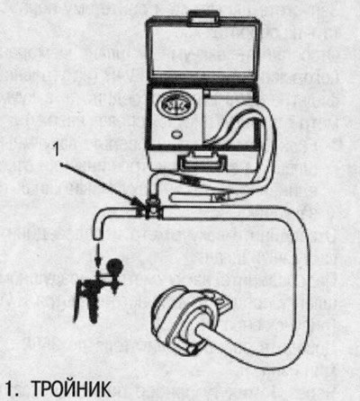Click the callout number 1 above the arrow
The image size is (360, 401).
click(56, 149)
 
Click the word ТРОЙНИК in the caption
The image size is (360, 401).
click(71, 389)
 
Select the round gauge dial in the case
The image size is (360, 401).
click(174, 106)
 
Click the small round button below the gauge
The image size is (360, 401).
click(176, 134)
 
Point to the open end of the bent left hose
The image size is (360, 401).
click(98, 236)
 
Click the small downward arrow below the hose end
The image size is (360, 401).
click(98, 254)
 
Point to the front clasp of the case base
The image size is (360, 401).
click(202, 162)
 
